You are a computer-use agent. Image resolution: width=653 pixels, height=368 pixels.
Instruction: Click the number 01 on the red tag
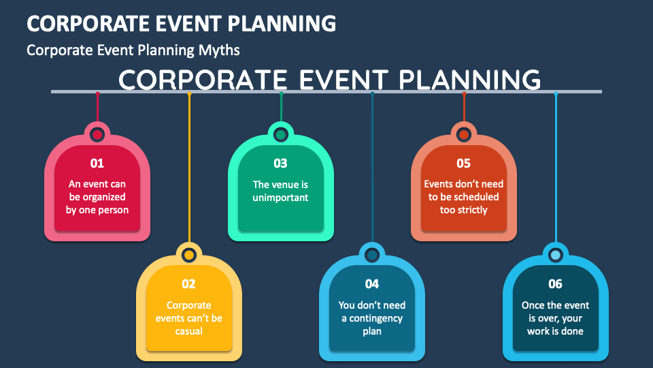pos(97,164)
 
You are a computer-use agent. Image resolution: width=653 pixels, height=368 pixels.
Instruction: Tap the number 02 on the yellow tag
pos(188,284)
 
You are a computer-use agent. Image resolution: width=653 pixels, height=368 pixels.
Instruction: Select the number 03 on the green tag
pos(280,164)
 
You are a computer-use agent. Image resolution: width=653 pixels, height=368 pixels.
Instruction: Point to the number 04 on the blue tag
pos(371,284)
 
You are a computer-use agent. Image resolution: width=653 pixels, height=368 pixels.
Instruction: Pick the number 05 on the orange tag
pos(463,164)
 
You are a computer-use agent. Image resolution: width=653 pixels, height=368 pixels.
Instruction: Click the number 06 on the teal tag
pos(555,284)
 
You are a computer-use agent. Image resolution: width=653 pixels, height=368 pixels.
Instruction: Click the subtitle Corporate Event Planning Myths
pos(133,50)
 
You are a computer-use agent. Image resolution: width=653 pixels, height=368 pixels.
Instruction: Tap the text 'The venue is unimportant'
pos(280,191)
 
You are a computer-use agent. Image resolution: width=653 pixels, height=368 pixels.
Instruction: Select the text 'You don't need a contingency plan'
pos(371,318)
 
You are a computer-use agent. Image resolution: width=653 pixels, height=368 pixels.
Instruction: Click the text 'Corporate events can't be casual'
pos(188,318)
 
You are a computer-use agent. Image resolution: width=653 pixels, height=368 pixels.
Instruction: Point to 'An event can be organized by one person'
pos(97,197)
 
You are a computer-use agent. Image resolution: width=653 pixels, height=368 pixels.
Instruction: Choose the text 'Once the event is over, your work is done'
pos(555,318)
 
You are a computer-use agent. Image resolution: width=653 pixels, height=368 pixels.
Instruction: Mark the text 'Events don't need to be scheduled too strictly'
pos(463,197)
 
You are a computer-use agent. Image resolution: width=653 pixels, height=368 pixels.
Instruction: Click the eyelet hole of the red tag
pos(97,134)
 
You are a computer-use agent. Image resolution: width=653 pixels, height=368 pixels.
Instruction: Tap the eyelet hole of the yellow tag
pos(189,255)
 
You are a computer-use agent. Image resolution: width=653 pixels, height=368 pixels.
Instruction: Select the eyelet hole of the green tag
pos(280,134)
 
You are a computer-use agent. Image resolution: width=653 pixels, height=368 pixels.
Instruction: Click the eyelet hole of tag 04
pos(372,255)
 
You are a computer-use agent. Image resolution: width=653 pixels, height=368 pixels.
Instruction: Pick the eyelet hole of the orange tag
pos(464,134)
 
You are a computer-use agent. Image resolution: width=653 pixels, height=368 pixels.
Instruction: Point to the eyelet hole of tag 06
pos(556,255)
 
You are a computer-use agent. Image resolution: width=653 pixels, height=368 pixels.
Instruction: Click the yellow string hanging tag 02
pos(189,170)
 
